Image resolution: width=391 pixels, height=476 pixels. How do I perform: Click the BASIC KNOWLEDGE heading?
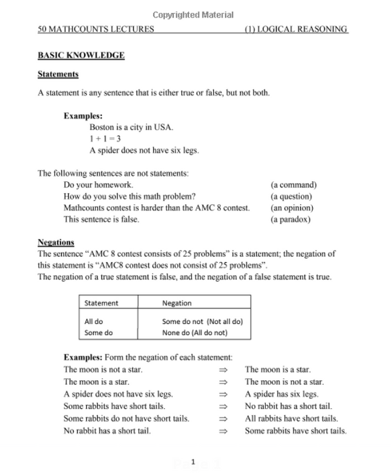coord(81,55)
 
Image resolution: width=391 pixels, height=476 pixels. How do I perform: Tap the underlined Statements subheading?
coord(58,74)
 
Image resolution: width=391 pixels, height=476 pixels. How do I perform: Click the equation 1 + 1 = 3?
coord(106,139)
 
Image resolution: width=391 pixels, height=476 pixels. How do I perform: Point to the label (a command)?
coord(293,185)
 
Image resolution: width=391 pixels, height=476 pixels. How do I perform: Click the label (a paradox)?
coord(291,220)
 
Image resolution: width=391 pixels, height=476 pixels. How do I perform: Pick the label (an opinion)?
coord(292,208)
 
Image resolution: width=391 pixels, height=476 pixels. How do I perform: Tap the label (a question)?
coord(291,196)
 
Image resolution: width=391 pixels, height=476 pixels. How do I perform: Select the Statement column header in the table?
coord(102,303)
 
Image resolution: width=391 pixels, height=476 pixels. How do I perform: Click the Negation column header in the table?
coord(177,303)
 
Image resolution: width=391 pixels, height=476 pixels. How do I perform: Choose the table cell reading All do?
coord(94,321)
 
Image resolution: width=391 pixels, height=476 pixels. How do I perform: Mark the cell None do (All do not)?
coord(195,333)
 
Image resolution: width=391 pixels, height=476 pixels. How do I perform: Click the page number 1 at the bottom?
coord(193,462)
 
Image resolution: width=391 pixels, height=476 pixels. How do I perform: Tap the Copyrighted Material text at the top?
coord(193,15)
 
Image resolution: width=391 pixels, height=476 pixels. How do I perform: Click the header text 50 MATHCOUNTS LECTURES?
coord(96,29)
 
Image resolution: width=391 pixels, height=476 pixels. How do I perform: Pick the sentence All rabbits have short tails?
coord(291,419)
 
